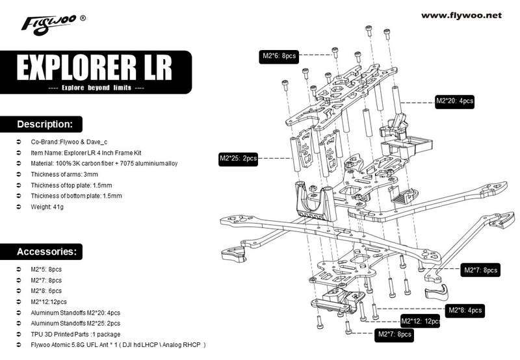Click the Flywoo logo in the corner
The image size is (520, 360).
click(x=53, y=24)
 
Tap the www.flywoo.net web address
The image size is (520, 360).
click(x=461, y=15)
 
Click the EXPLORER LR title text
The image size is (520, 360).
click(x=94, y=68)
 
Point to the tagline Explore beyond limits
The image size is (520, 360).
click(x=96, y=88)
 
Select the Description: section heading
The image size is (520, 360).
click(x=44, y=124)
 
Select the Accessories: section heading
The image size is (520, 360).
click(x=46, y=251)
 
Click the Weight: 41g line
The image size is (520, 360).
click(x=47, y=207)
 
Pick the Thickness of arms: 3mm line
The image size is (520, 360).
click(x=64, y=174)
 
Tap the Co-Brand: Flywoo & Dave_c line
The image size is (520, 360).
click(x=69, y=142)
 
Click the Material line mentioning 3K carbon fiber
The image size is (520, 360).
click(x=104, y=163)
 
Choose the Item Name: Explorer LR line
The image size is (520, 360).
click(x=86, y=153)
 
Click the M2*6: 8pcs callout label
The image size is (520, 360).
click(x=279, y=56)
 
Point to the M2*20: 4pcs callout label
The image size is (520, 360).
click(x=454, y=101)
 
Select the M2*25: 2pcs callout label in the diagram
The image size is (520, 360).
click(x=238, y=159)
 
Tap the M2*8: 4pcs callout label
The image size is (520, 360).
click(x=465, y=310)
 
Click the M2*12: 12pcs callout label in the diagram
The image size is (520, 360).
click(x=421, y=321)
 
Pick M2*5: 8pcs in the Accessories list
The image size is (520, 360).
click(x=46, y=270)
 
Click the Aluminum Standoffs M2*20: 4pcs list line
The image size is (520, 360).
click(x=75, y=313)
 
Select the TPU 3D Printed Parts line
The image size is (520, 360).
click(x=75, y=334)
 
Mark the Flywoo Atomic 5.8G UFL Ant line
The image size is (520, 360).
click(x=118, y=345)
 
